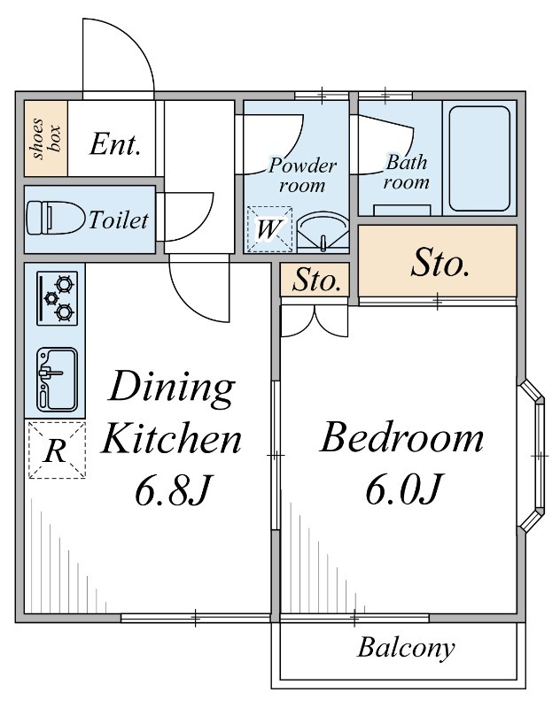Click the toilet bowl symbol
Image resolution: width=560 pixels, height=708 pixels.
[x=56, y=218]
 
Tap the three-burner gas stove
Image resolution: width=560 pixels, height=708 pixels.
[x=57, y=298]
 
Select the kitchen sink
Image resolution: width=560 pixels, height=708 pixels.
[x=57, y=380]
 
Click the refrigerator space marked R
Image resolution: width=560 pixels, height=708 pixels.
[x=57, y=450]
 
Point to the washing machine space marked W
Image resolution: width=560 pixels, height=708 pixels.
[x=269, y=229]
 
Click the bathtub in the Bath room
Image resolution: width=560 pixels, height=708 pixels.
[x=479, y=158]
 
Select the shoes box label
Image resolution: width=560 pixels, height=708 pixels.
[x=46, y=139]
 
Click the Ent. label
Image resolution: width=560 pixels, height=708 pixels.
[x=114, y=144]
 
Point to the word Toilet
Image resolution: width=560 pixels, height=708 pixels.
[x=119, y=220]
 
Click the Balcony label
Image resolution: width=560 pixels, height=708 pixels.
[x=406, y=649]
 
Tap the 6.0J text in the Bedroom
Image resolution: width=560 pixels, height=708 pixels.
[x=402, y=489]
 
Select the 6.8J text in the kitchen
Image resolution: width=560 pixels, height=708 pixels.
[x=172, y=489]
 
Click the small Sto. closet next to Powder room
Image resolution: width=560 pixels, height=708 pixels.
[x=315, y=280]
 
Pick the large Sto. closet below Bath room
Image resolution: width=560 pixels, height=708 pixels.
[x=438, y=261]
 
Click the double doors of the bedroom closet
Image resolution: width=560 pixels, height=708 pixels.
[x=315, y=321]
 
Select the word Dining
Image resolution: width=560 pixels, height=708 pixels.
[x=172, y=387]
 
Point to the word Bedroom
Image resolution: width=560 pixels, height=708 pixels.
[x=401, y=436]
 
